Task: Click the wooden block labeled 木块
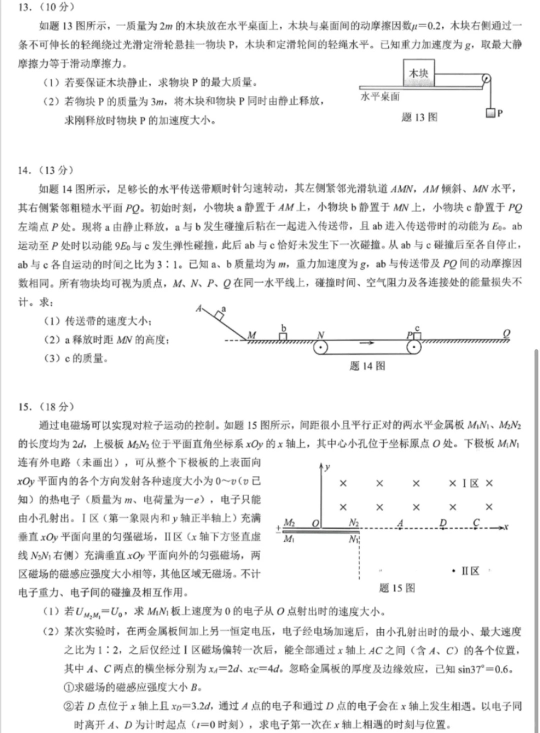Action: [x=418, y=73]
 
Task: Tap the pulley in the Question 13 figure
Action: [x=485, y=79]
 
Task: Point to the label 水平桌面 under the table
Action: [x=380, y=96]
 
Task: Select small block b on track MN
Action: [x=283, y=336]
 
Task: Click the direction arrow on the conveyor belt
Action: [x=366, y=343]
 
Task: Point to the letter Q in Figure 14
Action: [x=506, y=333]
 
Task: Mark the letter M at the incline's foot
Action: [x=251, y=335]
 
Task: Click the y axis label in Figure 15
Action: [x=327, y=467]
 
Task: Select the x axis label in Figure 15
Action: [x=506, y=527]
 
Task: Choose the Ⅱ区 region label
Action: [x=470, y=571]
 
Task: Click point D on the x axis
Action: [x=443, y=523]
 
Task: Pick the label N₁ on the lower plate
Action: [x=354, y=539]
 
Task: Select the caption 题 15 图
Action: [x=397, y=588]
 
